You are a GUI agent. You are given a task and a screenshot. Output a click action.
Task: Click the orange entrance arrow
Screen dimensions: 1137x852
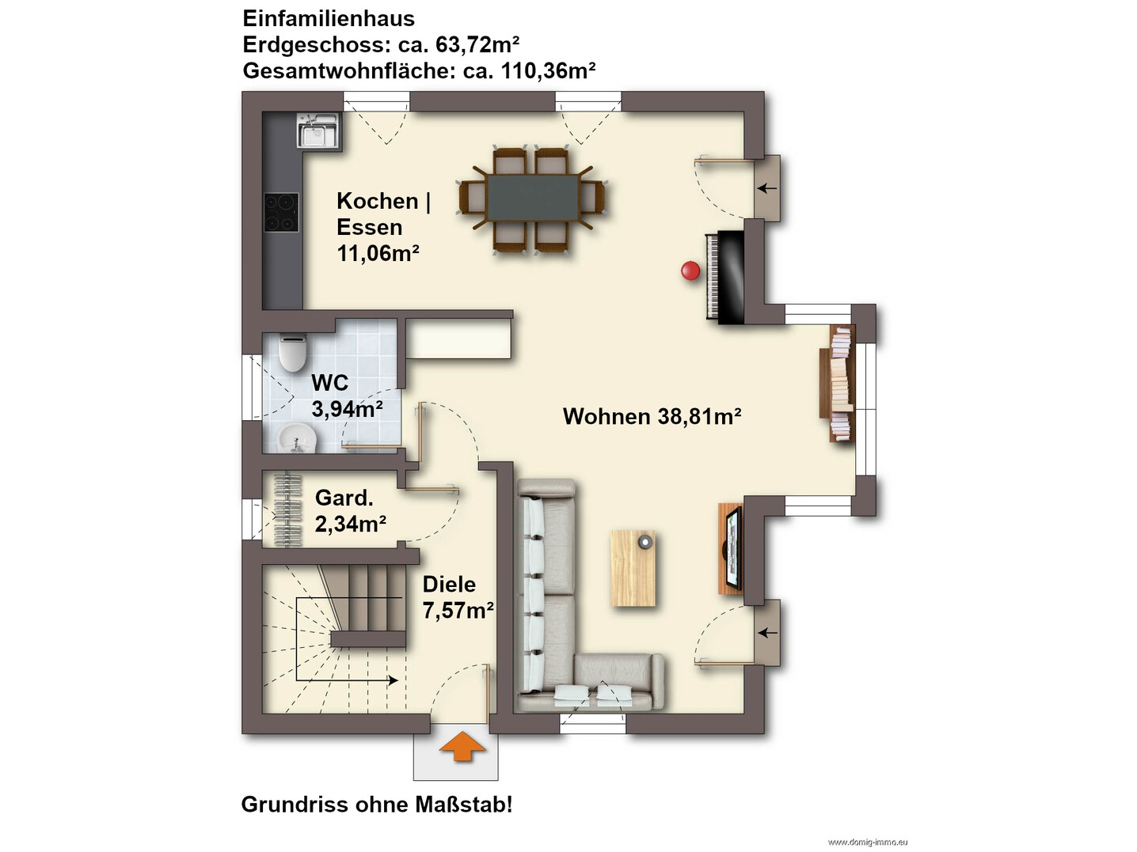click(x=462, y=747)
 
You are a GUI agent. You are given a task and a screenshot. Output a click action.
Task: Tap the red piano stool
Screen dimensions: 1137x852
click(x=690, y=271)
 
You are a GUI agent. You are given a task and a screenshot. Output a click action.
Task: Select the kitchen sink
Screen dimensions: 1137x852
click(x=318, y=131)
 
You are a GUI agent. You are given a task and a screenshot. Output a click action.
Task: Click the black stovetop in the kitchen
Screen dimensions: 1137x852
click(x=281, y=212)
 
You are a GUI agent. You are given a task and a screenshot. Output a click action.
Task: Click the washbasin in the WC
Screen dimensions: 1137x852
click(x=297, y=438)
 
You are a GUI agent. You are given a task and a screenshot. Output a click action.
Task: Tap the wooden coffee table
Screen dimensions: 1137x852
click(x=633, y=567)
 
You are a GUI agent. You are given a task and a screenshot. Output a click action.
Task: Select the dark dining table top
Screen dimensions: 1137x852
click(x=533, y=197)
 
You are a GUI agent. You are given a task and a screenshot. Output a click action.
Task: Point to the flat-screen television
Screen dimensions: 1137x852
click(x=733, y=548)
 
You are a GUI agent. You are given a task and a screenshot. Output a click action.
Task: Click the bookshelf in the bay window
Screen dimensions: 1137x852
click(x=837, y=383)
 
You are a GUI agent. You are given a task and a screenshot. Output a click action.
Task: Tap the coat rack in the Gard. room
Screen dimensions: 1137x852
click(x=287, y=509)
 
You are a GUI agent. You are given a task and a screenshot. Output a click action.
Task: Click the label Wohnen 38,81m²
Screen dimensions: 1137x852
click(x=652, y=416)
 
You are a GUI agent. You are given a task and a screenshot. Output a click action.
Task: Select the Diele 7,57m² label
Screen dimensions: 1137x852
click(x=458, y=597)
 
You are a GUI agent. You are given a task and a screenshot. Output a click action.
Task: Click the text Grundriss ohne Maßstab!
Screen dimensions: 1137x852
click(x=377, y=805)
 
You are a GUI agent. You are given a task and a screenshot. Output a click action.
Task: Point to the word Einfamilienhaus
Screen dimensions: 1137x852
click(x=329, y=19)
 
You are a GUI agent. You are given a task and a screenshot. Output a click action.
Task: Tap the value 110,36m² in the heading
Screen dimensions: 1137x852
click(x=548, y=70)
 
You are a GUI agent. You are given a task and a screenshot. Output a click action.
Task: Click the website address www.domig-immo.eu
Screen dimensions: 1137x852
click(x=867, y=843)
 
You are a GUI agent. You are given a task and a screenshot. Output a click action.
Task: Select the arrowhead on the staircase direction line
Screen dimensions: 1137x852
click(x=394, y=680)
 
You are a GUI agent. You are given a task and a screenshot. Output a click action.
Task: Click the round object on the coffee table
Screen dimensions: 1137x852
click(x=645, y=542)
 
